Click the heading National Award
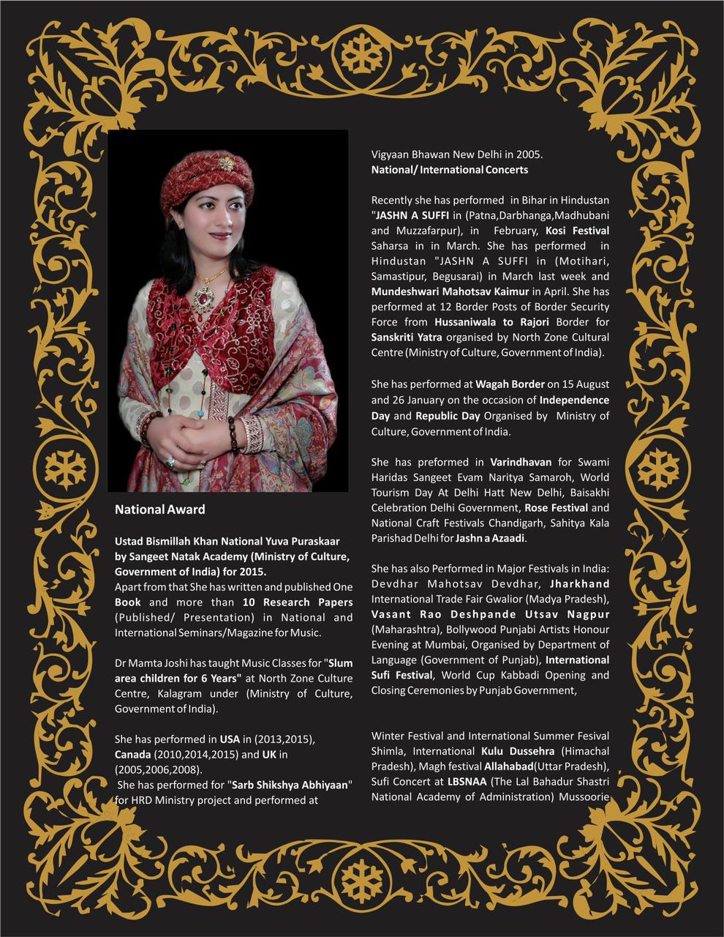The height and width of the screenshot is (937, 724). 159,509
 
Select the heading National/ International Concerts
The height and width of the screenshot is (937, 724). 449,170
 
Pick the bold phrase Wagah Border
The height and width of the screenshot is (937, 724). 510,384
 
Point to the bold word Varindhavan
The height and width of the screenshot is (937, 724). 521,462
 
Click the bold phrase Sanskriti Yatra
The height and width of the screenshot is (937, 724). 407,337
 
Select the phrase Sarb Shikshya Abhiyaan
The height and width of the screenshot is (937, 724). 292,785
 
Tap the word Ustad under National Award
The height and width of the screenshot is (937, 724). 129,541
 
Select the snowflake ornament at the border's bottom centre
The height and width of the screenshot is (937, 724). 362,874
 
